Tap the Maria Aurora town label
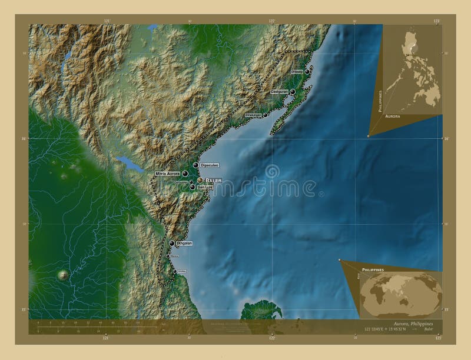[x=167, y=174]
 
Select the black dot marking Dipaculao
[x=195, y=165]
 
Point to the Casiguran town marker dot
[x=292, y=92]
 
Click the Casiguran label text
[x=279, y=92]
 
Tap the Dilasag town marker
[x=307, y=72]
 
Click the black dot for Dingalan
[x=172, y=244]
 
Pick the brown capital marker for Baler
[x=200, y=180]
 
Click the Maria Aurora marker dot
[x=185, y=174]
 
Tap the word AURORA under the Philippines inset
[x=392, y=117]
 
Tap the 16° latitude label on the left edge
[x=25, y=139]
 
